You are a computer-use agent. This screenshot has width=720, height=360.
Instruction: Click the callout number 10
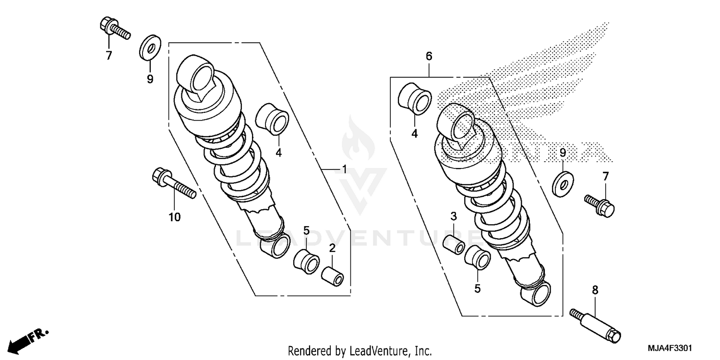174,217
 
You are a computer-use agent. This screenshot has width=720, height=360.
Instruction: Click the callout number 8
595,290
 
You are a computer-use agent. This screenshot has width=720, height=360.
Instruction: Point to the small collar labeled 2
332,277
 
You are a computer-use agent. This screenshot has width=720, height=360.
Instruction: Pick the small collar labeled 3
454,245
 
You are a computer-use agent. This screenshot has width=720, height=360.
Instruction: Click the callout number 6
429,56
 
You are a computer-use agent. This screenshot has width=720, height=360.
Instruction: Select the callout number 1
344,169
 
